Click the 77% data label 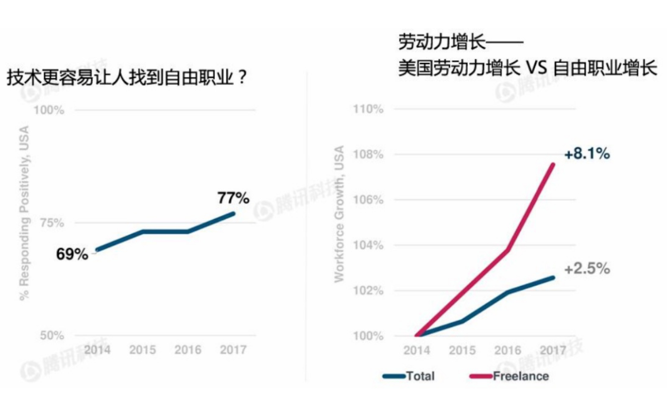click(x=233, y=198)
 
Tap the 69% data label click(x=72, y=254)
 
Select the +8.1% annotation click(x=587, y=154)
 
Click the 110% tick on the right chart click(x=369, y=109)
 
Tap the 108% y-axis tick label click(x=369, y=154)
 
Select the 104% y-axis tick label click(x=369, y=245)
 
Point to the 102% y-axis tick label click(x=369, y=290)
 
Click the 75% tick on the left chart click(x=52, y=223)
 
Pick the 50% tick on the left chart click(x=52, y=336)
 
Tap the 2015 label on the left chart click(x=142, y=350)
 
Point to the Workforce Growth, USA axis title click(x=340, y=214)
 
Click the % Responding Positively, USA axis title click(x=24, y=214)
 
